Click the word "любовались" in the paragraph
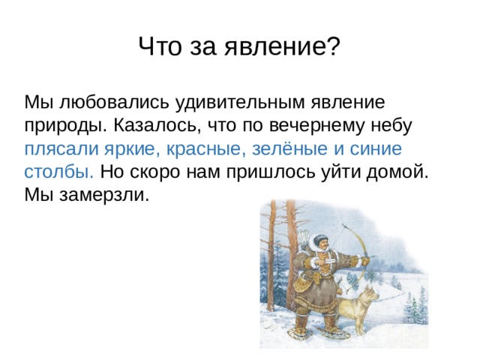(x=114, y=102)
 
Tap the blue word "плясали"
(x=61, y=149)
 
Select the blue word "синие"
(x=376, y=148)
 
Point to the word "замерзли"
(x=104, y=196)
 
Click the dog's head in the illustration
(x=370, y=295)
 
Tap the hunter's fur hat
(x=320, y=239)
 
